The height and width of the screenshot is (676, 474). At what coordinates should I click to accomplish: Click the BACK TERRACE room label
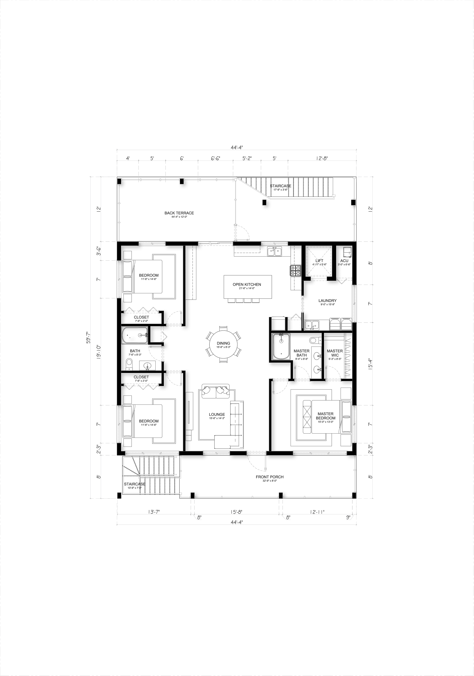coord(179,213)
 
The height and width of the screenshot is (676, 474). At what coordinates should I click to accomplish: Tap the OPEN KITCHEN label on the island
coord(247,284)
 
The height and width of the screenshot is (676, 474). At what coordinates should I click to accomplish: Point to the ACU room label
coord(344,261)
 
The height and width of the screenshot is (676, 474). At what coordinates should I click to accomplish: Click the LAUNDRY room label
coord(327,301)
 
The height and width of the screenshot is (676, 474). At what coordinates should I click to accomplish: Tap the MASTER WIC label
coord(335,353)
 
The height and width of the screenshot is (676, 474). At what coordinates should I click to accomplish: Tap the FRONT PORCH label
coord(269,477)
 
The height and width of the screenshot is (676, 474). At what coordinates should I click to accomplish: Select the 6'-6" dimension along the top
coord(215,158)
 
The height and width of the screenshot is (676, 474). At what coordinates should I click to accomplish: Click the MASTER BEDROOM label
coord(325,416)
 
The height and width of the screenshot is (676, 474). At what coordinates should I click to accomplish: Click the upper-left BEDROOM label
coord(149,275)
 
